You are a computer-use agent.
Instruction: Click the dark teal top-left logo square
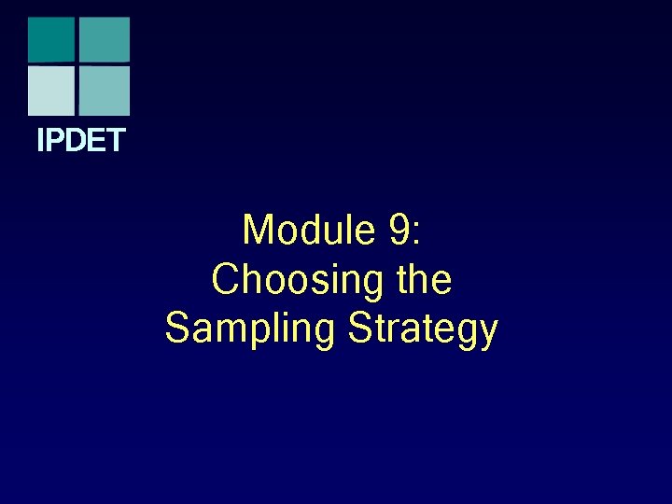(50, 39)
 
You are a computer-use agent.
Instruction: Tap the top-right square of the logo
(104, 39)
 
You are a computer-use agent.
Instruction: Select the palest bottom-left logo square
(50, 91)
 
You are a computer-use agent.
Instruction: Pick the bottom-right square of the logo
(104, 91)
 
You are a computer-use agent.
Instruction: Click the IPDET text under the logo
(80, 141)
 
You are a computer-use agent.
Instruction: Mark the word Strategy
(423, 329)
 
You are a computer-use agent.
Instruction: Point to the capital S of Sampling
(177, 329)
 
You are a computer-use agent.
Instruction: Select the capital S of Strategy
(359, 329)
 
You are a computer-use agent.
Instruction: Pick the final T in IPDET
(115, 141)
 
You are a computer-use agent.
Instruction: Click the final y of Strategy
(487, 333)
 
